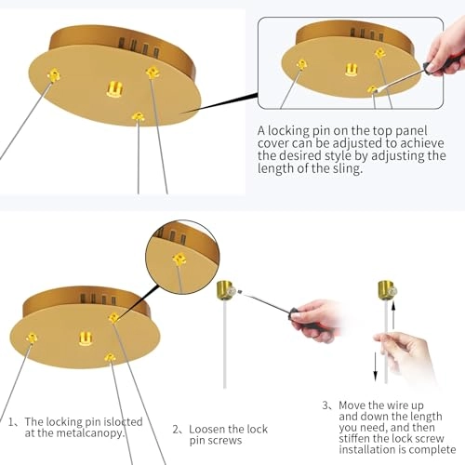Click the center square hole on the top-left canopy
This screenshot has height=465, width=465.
pyautogui.click(x=114, y=89)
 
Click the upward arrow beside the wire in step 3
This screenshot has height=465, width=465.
pyautogui.click(x=393, y=315)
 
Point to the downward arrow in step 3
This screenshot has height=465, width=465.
pyautogui.click(x=376, y=366)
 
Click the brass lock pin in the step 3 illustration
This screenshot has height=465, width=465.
pyautogui.click(x=387, y=290)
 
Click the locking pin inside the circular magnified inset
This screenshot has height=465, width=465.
pyautogui.click(x=179, y=259)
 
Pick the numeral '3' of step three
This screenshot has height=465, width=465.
pyautogui.click(x=325, y=405)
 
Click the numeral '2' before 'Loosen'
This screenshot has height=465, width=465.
pyautogui.click(x=176, y=430)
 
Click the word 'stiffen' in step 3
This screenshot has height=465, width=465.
pyautogui.click(x=354, y=438)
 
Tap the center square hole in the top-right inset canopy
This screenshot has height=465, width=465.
pyautogui.click(x=351, y=70)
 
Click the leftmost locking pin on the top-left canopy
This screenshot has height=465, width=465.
pyautogui.click(x=54, y=75)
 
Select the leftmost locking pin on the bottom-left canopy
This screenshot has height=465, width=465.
pyautogui.click(x=32, y=338)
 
